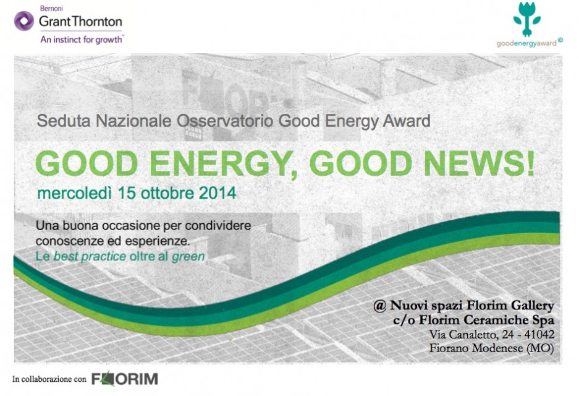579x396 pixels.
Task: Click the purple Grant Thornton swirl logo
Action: click(24, 20)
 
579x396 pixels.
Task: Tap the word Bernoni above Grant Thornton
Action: click(51, 8)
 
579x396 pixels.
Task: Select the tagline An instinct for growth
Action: click(82, 40)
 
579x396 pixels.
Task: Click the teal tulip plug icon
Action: click(527, 19)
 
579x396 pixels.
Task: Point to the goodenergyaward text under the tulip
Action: click(527, 43)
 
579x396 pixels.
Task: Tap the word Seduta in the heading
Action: click(63, 121)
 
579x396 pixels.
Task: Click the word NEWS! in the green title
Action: click(479, 163)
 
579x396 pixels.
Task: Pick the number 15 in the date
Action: click(126, 193)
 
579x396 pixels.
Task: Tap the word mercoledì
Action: click(75, 194)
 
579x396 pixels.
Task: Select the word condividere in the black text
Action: click(218, 226)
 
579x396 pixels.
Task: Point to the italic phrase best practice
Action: click(90, 257)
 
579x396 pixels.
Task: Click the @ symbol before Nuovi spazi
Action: click(379, 306)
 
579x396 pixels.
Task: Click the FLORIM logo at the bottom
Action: click(125, 379)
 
